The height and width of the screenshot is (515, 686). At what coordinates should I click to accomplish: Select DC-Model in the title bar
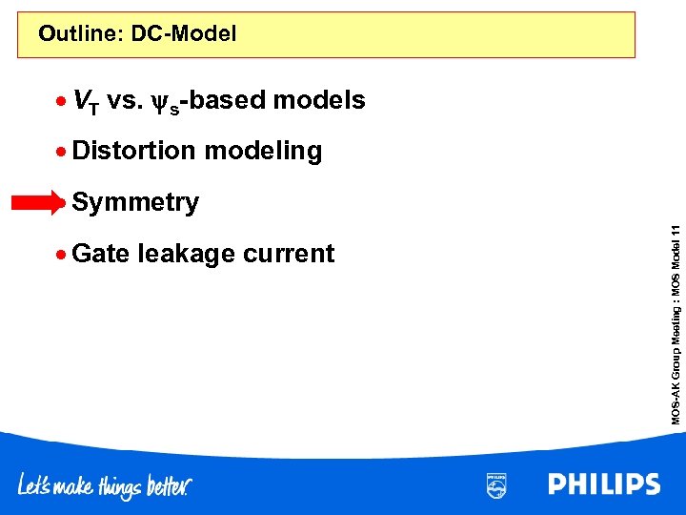pyautogui.click(x=184, y=35)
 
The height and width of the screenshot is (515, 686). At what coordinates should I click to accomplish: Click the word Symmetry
pyautogui.click(x=135, y=203)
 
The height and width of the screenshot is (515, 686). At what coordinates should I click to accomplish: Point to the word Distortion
pyautogui.click(x=134, y=152)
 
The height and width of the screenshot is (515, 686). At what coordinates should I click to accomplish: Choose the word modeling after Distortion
pyautogui.click(x=263, y=152)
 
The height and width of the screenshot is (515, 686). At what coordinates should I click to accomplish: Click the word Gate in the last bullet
pyautogui.click(x=101, y=254)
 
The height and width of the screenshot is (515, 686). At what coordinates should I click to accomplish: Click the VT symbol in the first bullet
pyautogui.click(x=84, y=101)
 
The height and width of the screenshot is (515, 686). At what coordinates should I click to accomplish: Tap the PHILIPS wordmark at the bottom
pyautogui.click(x=604, y=484)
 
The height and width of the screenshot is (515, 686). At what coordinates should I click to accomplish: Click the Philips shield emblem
pyautogui.click(x=496, y=485)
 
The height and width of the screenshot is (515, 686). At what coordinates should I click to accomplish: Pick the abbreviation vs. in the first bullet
pyautogui.click(x=124, y=101)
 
